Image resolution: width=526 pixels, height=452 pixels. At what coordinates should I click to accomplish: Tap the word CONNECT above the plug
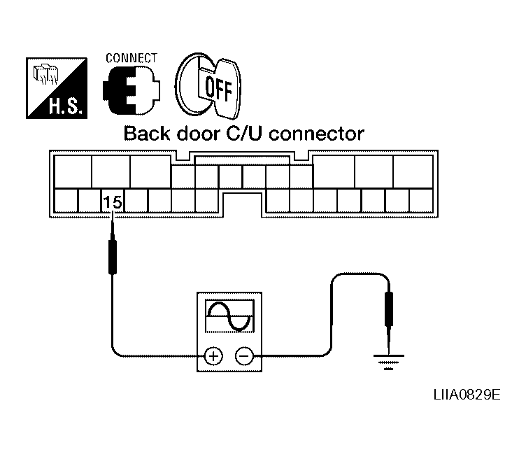pyautogui.click(x=131, y=57)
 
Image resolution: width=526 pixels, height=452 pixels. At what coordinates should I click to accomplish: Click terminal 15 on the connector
pyautogui.click(x=113, y=202)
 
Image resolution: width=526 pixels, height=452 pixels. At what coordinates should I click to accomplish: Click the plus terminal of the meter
pyautogui.click(x=213, y=356)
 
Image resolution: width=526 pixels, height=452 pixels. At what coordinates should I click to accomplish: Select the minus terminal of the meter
pyautogui.click(x=243, y=356)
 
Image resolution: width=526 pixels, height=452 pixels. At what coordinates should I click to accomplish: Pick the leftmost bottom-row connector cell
pyautogui.click(x=66, y=202)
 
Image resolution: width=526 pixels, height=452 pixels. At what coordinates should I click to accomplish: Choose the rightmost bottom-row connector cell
pyautogui.click(x=421, y=202)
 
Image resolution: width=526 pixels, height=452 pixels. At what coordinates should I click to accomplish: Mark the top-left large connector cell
pyautogui.click(x=73, y=170)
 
